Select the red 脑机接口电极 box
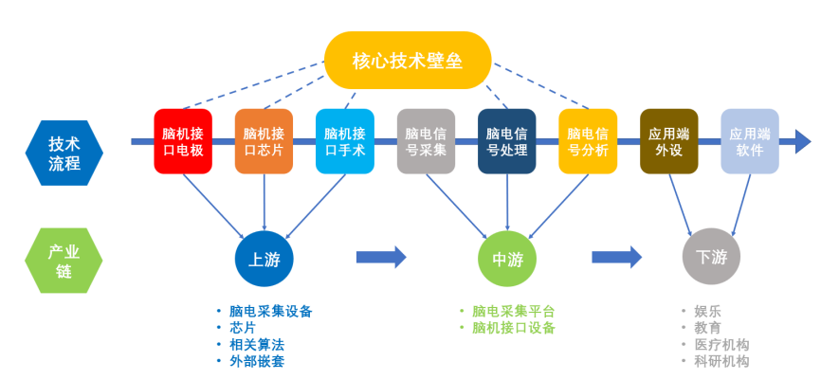tap(183, 141)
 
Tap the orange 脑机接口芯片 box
tap(264, 141)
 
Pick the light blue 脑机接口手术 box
tap(345, 141)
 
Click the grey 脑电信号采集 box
tap(426, 141)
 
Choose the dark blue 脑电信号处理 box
tap(507, 141)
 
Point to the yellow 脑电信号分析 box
tap(588, 141)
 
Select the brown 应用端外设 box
tap(669, 141)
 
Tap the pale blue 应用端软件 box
tap(750, 141)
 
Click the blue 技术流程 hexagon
tap(64, 152)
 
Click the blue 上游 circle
tap(264, 258)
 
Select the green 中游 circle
tap(507, 258)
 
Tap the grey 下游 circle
tap(710, 258)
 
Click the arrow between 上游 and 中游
tap(381, 256)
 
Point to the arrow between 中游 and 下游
tap(616, 256)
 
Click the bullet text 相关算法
tap(256, 344)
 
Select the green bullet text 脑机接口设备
tap(513, 327)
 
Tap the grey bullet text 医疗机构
tap(721, 344)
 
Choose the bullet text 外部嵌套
tap(256, 361)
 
